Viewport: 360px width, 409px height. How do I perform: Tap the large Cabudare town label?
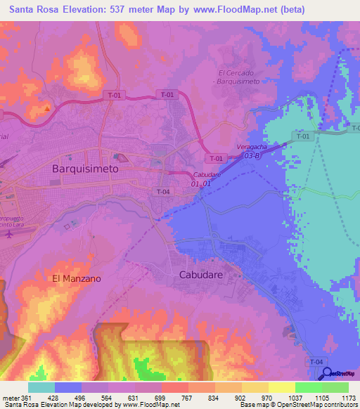(204, 275)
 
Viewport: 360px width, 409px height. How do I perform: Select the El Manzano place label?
(77, 278)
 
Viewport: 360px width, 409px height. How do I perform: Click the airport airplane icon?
(8, 234)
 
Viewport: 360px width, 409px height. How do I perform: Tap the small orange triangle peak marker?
(47, 108)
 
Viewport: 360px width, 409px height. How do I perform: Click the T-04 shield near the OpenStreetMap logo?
(316, 361)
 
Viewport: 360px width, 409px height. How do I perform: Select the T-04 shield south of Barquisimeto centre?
(163, 192)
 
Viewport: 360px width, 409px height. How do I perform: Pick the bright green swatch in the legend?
(308, 387)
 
